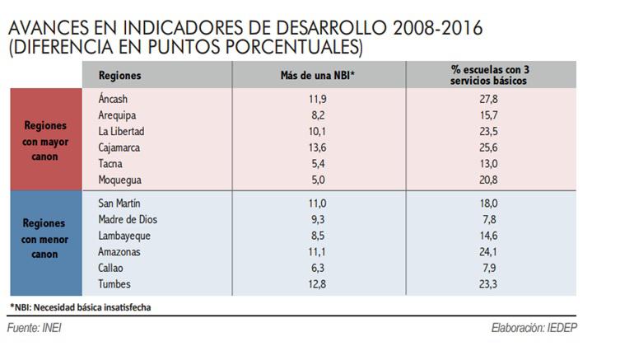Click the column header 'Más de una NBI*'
click(317, 76)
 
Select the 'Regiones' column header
click(120, 76)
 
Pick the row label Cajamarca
click(119, 147)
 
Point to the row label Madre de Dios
click(127, 219)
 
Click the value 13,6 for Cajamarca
click(317, 147)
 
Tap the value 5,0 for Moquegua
click(317, 180)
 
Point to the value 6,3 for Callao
click(317, 268)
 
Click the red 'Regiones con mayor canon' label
click(45, 139)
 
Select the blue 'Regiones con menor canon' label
click(45, 238)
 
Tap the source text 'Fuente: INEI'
click(35, 327)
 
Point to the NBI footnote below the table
click(80, 307)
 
